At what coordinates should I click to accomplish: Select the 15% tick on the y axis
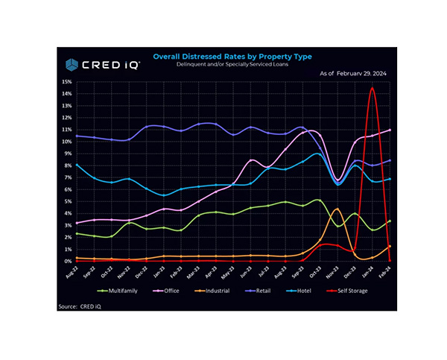(x=67, y=81)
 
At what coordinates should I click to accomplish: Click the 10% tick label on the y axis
(x=67, y=142)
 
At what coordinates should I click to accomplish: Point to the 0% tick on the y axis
(x=69, y=262)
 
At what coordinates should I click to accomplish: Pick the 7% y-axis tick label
(x=69, y=177)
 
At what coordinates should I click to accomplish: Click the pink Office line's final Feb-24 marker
(x=390, y=130)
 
